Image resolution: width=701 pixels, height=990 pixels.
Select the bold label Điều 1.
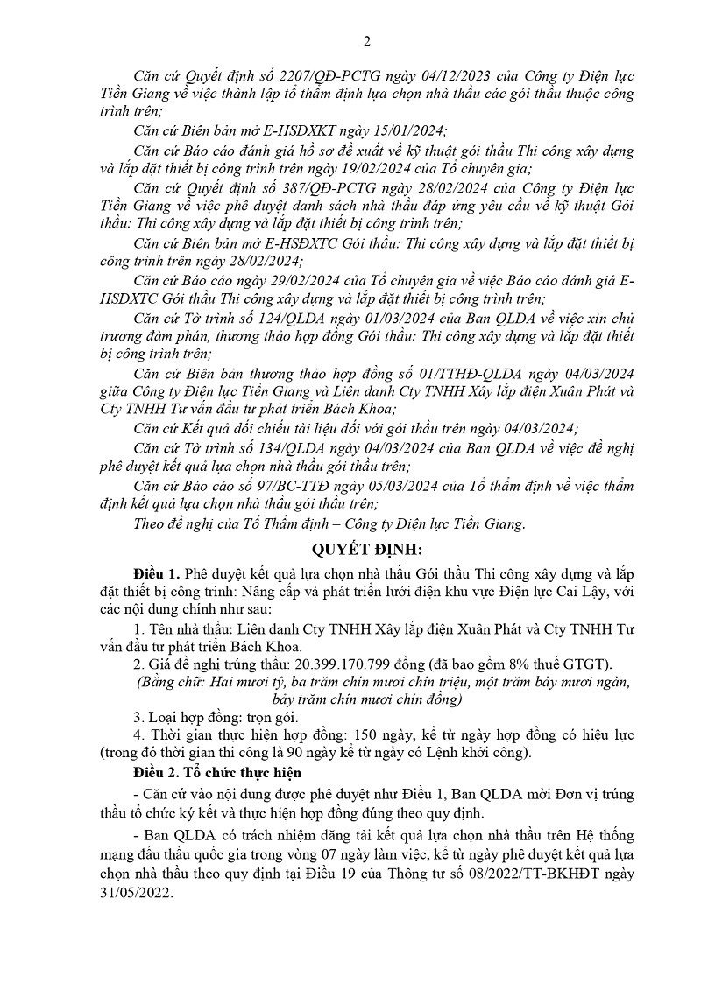tap(157, 572)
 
